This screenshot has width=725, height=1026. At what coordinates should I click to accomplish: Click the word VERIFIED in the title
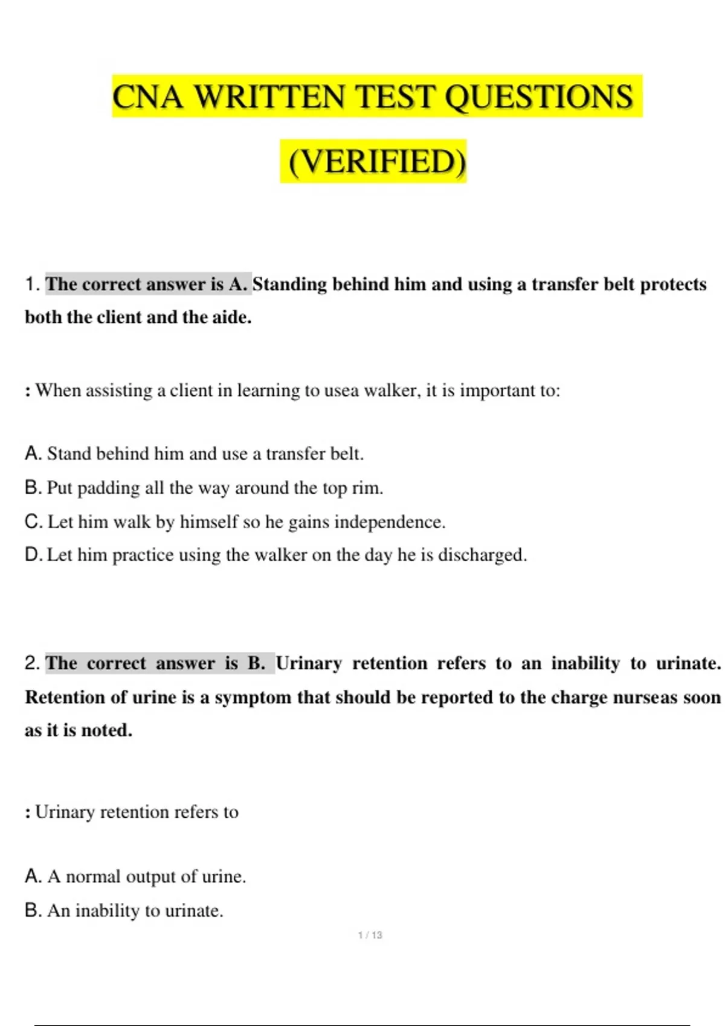(x=377, y=161)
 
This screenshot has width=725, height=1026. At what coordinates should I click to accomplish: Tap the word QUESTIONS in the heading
(x=538, y=97)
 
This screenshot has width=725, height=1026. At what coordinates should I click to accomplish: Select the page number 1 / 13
(x=370, y=935)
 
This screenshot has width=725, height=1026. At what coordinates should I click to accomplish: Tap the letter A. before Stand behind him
(x=33, y=453)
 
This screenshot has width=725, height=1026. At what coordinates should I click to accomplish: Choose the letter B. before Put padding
(x=33, y=488)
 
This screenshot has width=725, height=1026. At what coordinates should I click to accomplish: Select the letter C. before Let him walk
(x=34, y=521)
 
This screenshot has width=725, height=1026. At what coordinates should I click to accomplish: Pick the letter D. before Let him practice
(x=34, y=555)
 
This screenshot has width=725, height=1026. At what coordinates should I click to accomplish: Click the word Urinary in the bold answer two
(x=309, y=663)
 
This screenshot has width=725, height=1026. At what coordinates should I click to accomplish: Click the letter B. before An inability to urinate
(x=33, y=910)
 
